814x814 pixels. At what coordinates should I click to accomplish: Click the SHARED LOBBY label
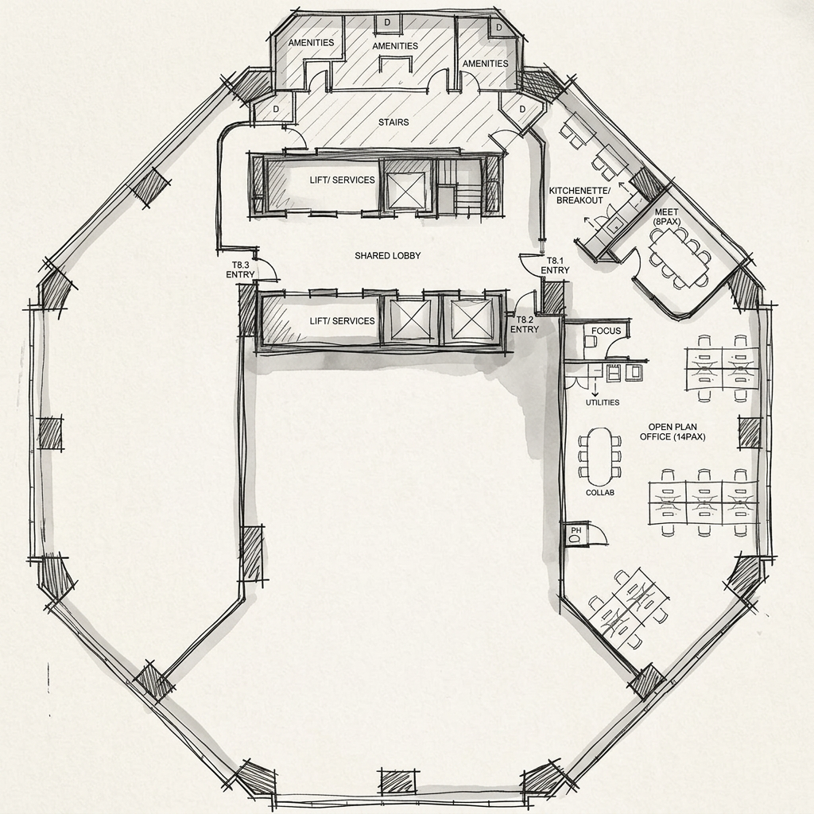[387, 255]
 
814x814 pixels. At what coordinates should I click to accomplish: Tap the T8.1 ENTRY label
[554, 266]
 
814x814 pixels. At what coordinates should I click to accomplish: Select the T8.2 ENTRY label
[525, 324]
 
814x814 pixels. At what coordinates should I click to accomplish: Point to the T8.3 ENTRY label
[240, 270]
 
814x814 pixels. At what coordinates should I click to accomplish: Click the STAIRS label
[393, 122]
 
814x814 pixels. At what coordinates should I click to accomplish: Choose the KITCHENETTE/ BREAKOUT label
[579, 196]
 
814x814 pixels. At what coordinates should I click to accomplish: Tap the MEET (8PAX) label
[667, 217]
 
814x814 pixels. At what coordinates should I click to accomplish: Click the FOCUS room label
[606, 331]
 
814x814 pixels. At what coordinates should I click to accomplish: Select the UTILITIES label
[603, 402]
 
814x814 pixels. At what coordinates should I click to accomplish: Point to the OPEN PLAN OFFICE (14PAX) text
[673, 432]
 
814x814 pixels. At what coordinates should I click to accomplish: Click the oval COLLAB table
[599, 455]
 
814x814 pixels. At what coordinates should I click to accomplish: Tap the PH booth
[576, 534]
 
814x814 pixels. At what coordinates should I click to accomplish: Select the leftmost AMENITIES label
[311, 43]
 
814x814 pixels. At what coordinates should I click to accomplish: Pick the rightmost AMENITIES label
[486, 64]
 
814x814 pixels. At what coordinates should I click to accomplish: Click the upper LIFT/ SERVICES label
[342, 180]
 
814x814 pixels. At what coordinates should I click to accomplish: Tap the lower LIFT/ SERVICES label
[342, 321]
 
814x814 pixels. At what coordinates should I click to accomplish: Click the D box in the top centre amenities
[387, 22]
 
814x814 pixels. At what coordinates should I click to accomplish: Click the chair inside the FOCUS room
[591, 341]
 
